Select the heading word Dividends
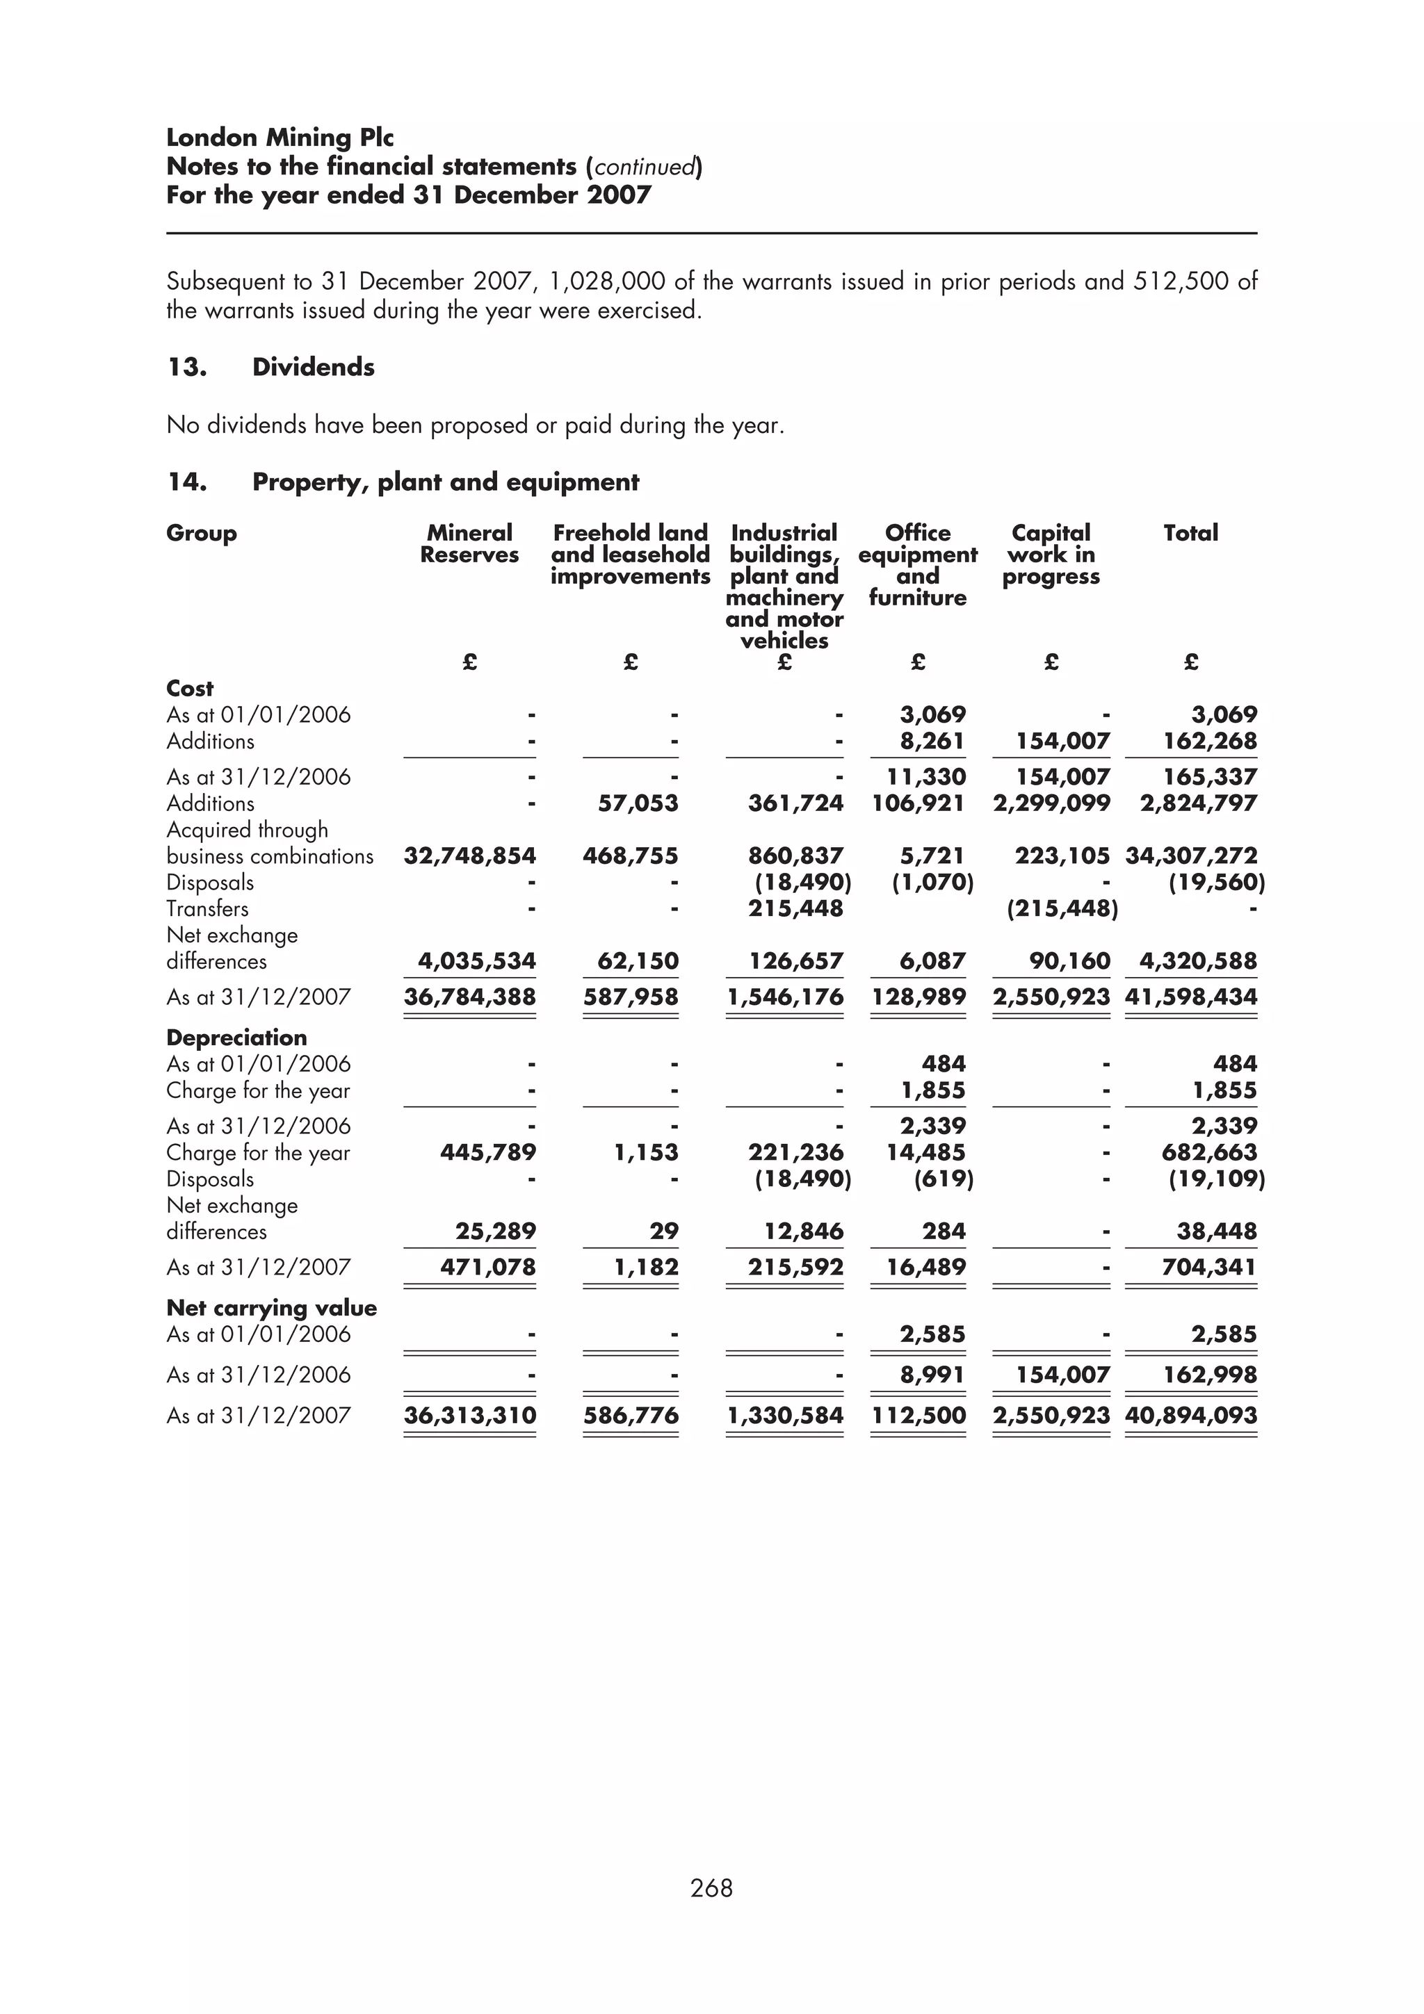coord(313,367)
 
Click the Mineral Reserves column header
coord(469,544)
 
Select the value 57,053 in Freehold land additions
coord(638,803)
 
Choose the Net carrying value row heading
coord(271,1307)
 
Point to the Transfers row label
coord(207,909)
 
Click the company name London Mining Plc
coord(280,138)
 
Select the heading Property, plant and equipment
coord(446,482)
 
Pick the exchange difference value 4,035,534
coord(476,960)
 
